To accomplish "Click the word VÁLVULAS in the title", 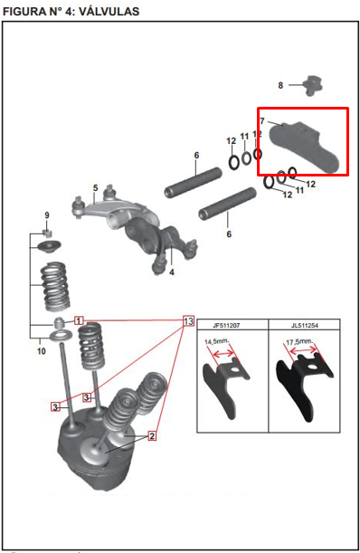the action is pos(109,11).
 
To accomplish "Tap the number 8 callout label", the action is pos(280,85).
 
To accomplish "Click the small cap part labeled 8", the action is pos(312,85).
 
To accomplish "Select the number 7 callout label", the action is pos(262,121).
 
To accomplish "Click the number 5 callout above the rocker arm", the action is pos(96,188).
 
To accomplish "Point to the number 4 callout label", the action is pos(172,272).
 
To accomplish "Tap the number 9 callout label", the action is pos(47,215).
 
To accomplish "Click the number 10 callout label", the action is pos(42,351).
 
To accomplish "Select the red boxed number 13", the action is pos(188,321).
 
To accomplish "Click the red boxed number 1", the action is pos(79,320).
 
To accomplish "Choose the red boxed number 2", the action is pos(152,436).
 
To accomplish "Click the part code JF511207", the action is pos(226,325).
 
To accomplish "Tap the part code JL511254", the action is pos(305,325).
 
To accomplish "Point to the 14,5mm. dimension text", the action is pos(217,342).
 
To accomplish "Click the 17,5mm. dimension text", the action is pos(299,342).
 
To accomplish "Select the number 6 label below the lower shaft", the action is pos(229,234).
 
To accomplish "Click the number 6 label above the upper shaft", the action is pos(197,155).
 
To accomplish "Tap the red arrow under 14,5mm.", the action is pos(223,353).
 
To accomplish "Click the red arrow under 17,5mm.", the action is pos(304,350).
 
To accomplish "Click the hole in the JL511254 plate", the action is pos(312,367).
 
